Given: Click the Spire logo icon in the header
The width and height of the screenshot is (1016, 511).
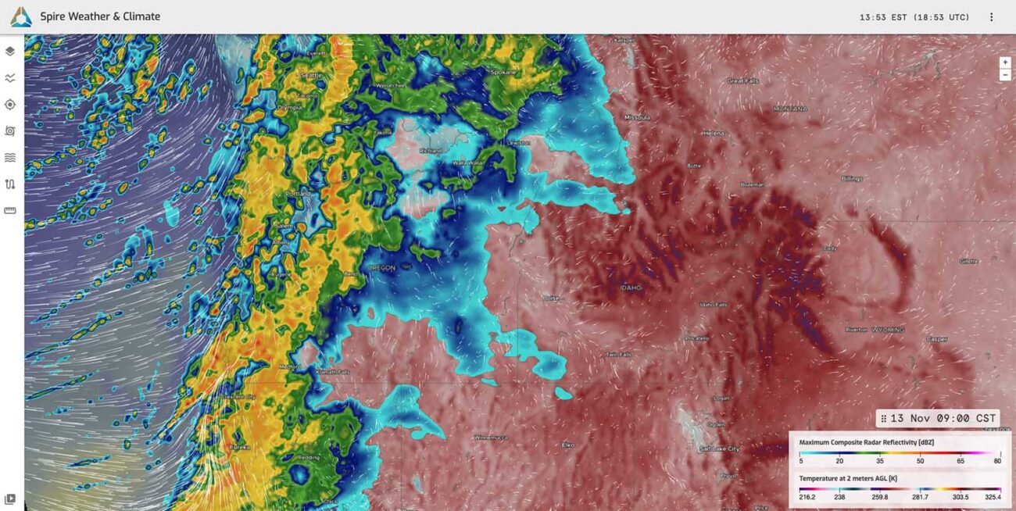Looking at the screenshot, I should click(21, 16).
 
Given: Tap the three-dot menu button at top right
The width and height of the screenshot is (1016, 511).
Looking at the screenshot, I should click(991, 17).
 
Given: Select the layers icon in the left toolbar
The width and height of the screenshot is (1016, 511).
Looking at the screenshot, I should click(10, 52).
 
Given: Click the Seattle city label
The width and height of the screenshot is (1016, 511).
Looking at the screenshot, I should click(311, 75).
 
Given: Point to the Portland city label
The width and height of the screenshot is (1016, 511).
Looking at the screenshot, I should click(298, 194).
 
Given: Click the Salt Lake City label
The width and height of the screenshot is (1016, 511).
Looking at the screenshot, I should click(719, 449).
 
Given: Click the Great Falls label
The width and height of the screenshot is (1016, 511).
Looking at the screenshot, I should click(742, 80).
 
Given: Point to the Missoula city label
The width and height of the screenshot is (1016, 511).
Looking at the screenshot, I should click(638, 118).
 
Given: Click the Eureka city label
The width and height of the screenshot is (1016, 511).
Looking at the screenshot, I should click(240, 448).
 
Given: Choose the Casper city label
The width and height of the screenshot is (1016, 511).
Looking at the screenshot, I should click(937, 339).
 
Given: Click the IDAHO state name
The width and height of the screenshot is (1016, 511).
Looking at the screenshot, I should click(631, 288).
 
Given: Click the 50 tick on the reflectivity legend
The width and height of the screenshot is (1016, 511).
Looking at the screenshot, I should click(920, 462).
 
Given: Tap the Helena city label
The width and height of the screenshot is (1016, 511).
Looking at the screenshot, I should click(713, 134).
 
